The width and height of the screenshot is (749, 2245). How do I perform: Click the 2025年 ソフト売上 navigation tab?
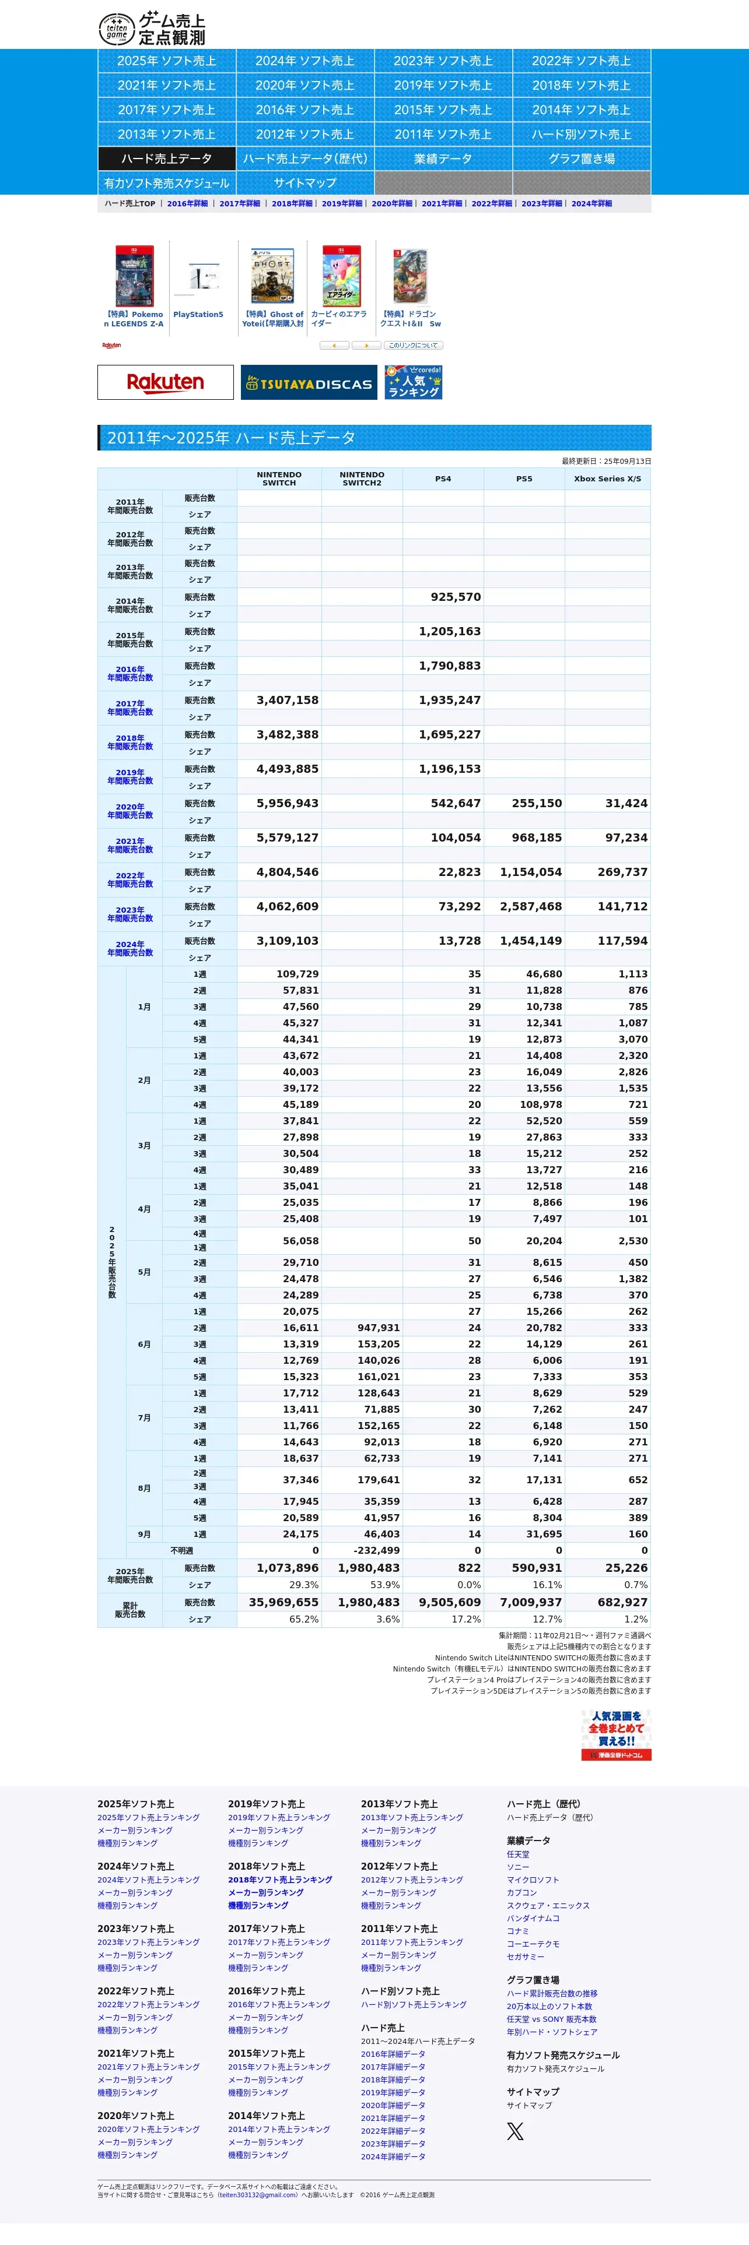166,61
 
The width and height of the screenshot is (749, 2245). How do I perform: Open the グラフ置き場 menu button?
581,159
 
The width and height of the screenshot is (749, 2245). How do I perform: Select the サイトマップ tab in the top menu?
304,183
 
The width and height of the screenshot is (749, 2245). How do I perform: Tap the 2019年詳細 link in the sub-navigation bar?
342,204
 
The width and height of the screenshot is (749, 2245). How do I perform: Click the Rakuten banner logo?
166,382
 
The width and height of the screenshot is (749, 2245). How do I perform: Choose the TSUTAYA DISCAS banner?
309,382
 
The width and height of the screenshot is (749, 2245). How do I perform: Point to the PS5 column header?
523,478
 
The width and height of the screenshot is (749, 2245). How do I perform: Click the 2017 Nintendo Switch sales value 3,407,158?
287,700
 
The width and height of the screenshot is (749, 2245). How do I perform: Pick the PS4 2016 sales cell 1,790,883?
449,666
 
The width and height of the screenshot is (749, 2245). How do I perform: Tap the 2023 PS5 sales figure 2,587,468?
530,906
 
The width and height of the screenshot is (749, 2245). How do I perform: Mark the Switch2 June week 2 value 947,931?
379,1328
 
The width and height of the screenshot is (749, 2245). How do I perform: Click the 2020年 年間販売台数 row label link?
130,811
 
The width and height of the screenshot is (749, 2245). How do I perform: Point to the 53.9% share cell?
384,1585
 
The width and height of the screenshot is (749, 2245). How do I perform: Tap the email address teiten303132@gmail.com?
258,2195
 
